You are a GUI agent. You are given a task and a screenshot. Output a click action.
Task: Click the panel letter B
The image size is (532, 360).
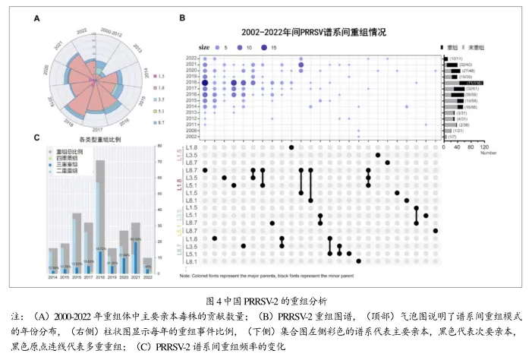coord(181,17)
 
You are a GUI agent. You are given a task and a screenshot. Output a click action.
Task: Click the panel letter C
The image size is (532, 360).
coord(36,137)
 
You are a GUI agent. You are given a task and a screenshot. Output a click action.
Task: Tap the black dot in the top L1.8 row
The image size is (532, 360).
coord(291,147)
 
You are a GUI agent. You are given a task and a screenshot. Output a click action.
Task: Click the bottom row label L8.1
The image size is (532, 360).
coord(194,261)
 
